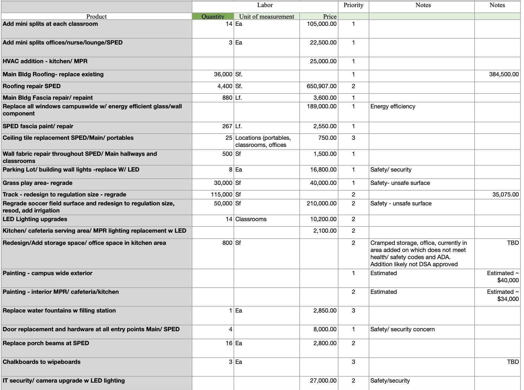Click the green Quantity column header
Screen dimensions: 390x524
click(x=213, y=17)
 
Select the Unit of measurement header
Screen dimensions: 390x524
click(x=266, y=17)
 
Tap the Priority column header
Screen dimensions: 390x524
click(x=353, y=5)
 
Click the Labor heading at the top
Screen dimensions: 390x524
click(x=265, y=5)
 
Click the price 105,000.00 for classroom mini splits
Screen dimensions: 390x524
click(x=322, y=24)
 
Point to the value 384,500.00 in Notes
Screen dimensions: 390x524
click(x=504, y=74)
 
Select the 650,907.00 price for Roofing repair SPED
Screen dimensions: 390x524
click(x=322, y=86)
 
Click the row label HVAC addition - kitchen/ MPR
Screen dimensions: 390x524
click(x=45, y=61)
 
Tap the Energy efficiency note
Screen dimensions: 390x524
click(x=393, y=107)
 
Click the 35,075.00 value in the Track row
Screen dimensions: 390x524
click(x=505, y=195)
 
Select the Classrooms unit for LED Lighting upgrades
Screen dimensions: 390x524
click(x=251, y=219)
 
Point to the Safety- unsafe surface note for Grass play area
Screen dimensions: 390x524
click(x=400, y=183)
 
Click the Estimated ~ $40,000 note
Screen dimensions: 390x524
click(x=503, y=277)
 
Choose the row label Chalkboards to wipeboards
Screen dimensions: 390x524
click(x=41, y=362)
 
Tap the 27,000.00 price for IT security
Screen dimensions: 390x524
click(x=323, y=381)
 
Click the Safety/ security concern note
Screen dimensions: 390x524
click(x=402, y=329)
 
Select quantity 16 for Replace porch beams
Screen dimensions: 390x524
click(x=229, y=343)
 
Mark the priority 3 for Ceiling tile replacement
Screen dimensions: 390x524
click(x=353, y=138)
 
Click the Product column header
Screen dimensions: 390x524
click(x=96, y=17)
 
